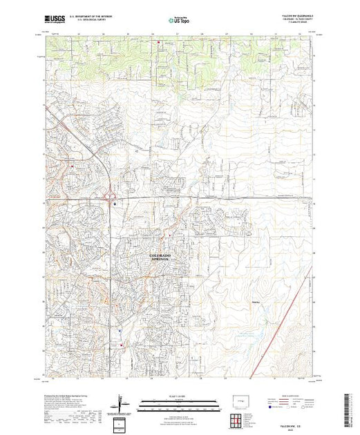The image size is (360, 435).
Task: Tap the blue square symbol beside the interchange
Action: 115,204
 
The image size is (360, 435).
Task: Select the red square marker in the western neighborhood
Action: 70,165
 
